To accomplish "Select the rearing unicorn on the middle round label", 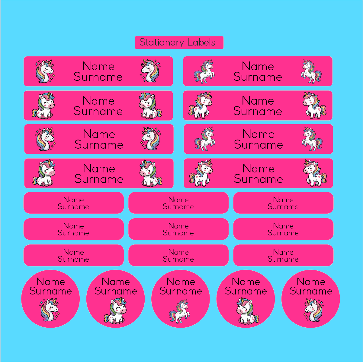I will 180,312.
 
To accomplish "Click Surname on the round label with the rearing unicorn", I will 181,291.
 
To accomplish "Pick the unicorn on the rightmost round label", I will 313,310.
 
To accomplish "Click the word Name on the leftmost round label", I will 50,282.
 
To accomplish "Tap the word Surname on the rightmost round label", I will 311,291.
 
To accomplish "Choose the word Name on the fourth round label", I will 246,282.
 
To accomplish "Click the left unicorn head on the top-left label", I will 45,71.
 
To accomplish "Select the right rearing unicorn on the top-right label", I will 311,71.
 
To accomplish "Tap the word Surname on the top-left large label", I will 98,77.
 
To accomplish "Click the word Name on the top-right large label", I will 258,66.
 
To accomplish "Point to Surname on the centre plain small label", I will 178,233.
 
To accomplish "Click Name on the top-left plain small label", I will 73,200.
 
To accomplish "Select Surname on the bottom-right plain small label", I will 283,259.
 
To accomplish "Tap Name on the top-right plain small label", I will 283,200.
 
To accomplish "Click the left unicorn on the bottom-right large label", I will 201,173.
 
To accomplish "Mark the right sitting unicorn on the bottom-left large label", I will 150,173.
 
